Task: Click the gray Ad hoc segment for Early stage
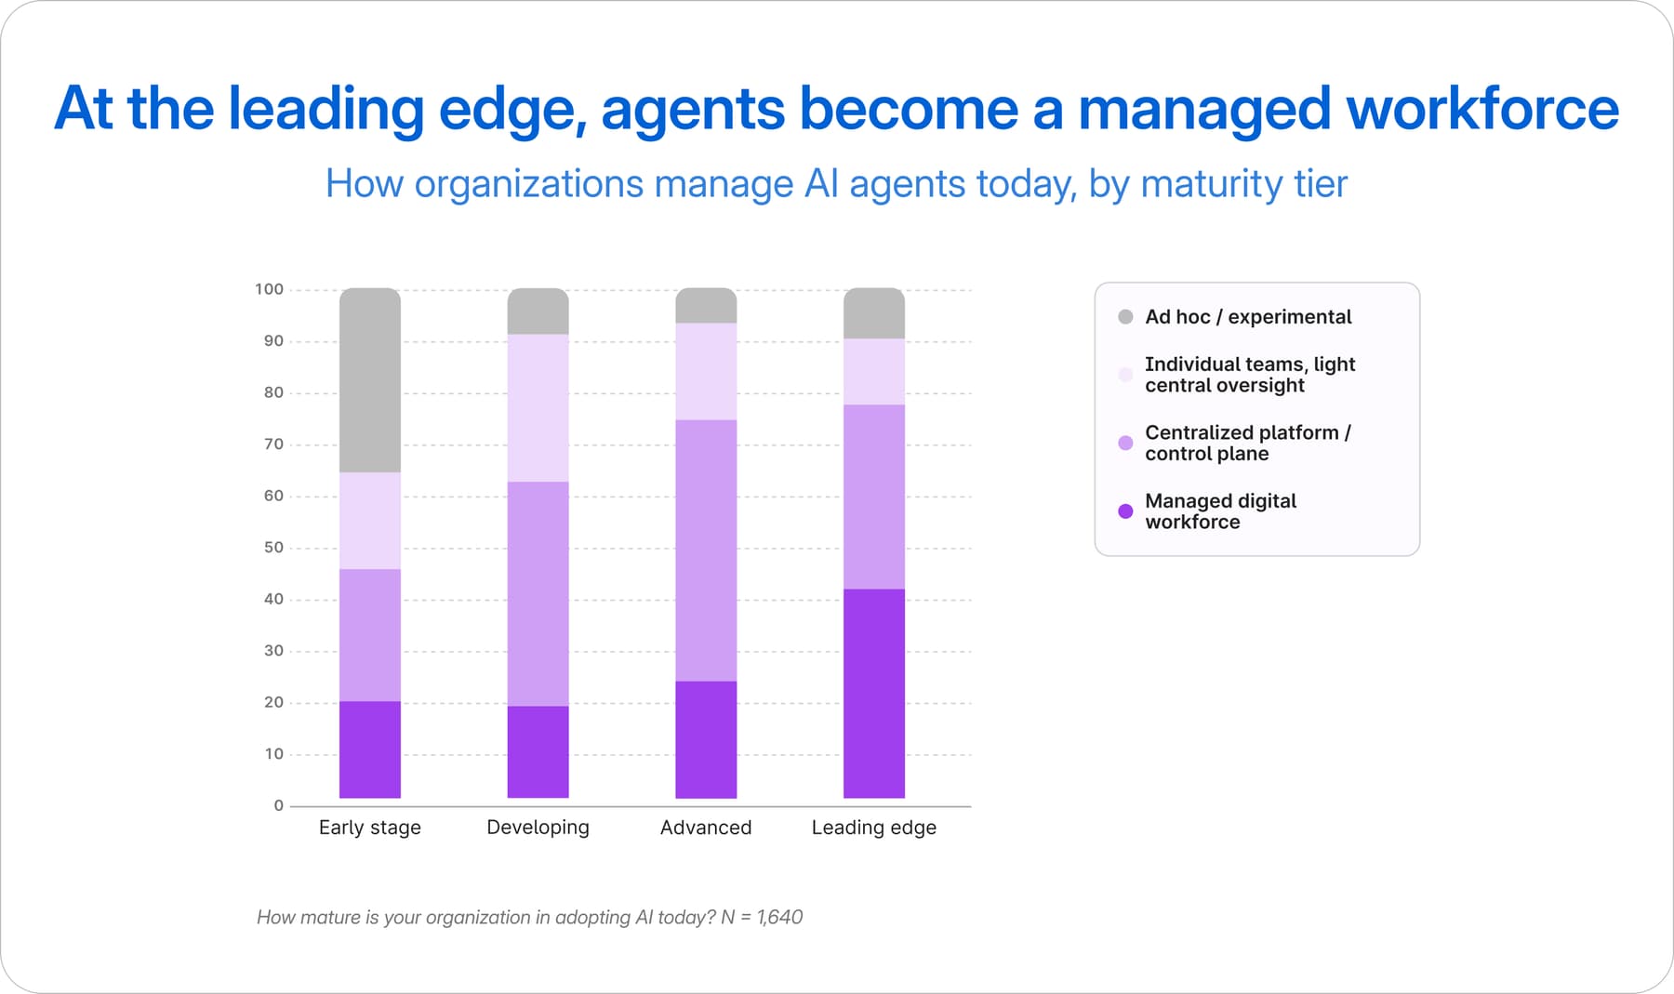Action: point(370,380)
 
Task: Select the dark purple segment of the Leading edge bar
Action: point(874,694)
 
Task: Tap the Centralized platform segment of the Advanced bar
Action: point(706,550)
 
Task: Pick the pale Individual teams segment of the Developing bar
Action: point(538,408)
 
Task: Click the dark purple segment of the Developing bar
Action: point(538,752)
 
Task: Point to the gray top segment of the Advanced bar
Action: point(706,306)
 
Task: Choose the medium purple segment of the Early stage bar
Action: point(370,635)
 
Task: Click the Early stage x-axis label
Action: point(370,828)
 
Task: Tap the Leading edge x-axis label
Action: point(874,828)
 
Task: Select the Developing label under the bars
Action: point(538,828)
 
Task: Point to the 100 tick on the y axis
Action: point(269,289)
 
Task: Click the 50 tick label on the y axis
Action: point(273,548)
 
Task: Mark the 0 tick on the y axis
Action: point(279,806)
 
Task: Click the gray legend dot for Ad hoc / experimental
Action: point(1125,317)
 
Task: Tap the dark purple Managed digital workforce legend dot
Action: point(1125,511)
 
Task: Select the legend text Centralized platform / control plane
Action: point(1248,444)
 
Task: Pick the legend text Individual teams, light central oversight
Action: point(1250,375)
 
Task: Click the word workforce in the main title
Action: point(1482,109)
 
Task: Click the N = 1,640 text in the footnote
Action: point(762,918)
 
